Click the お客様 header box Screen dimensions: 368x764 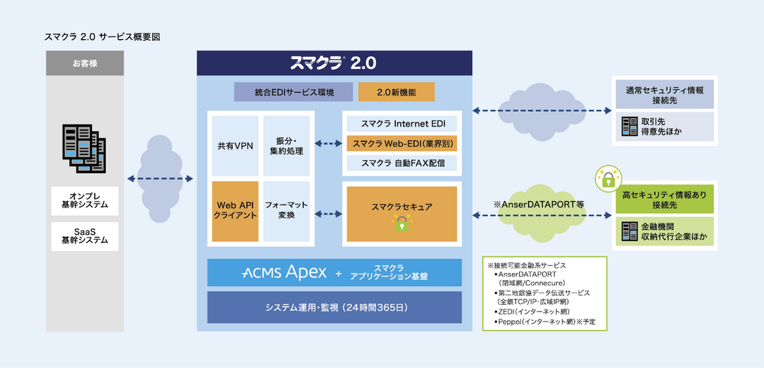[85, 63]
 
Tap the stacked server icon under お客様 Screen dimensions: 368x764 [84, 149]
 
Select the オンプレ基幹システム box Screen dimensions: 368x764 [85, 201]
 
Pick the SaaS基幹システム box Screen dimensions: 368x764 [85, 236]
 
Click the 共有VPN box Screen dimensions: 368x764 [235, 146]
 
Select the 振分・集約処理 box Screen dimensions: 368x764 [286, 146]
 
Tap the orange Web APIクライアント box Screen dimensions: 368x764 [235, 210]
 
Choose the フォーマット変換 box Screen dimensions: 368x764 [286, 210]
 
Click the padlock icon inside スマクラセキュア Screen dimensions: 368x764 [402, 224]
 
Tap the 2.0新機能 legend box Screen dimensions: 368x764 [396, 92]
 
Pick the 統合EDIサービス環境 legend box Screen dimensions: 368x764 [294, 92]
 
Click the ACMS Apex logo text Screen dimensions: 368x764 [284, 272]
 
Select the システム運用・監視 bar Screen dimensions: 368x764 [334, 308]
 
